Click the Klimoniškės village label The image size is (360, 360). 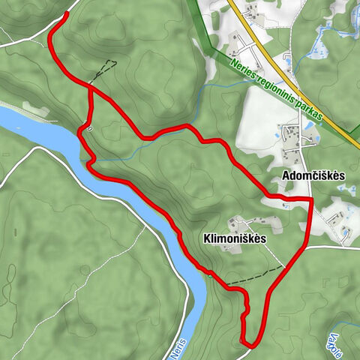pos(235,238)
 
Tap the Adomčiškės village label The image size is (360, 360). pos(313,175)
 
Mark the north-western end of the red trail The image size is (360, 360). pos(67,14)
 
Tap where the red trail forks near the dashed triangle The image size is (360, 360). pos(91,88)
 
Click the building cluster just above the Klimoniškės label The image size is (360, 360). pos(247,223)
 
